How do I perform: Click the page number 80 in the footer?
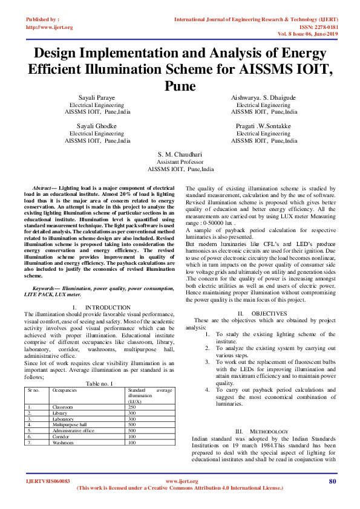click(332, 481)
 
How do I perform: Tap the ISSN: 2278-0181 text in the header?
click(315, 27)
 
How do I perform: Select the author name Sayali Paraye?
click(97, 97)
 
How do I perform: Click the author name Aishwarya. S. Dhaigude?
click(264, 97)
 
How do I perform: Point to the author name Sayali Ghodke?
click(97, 126)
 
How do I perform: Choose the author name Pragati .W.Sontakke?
click(264, 126)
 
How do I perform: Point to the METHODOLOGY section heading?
click(270, 430)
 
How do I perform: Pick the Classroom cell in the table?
click(63, 407)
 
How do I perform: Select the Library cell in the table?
click(60, 413)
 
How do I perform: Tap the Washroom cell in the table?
click(63, 443)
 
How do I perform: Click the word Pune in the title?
click(180, 86)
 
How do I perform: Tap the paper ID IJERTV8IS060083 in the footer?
click(48, 481)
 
